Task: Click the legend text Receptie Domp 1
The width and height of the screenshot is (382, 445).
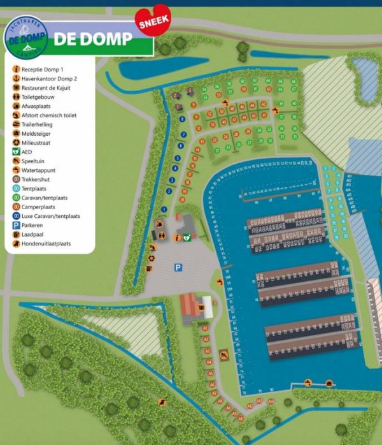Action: tap(43, 69)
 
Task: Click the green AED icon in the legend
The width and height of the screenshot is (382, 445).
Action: tap(15, 152)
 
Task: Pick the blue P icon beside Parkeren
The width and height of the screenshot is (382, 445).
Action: tap(15, 225)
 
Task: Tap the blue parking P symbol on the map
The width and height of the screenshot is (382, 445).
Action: tap(179, 268)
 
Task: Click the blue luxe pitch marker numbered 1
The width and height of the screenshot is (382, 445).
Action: tap(164, 208)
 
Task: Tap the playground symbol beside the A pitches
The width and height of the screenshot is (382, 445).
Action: tap(223, 354)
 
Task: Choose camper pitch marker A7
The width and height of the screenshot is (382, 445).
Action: tap(215, 392)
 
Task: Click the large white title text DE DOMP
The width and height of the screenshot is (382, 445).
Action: tap(93, 39)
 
